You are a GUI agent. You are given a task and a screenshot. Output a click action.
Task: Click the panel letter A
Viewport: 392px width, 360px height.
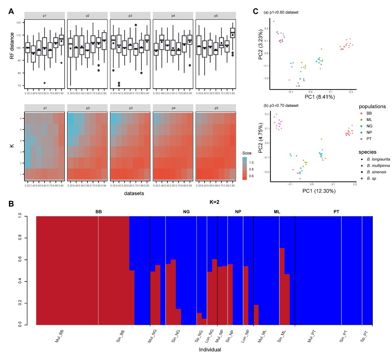[x=11, y=11]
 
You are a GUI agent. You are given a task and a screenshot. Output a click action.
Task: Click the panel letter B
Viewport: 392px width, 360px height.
[x=11, y=204]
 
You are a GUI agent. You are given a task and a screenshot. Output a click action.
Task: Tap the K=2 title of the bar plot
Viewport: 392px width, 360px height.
[x=214, y=202]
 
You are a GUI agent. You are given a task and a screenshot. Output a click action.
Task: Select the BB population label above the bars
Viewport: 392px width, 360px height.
[x=99, y=212]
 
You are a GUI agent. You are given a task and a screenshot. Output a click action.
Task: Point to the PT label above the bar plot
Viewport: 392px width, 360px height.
[x=336, y=212]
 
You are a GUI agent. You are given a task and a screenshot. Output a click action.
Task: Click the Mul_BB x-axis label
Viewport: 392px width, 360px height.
[x=59, y=336]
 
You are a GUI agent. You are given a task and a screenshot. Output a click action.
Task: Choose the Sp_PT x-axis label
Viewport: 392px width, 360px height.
[x=364, y=336]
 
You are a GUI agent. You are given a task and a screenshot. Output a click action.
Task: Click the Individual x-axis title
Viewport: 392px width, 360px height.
[x=210, y=350]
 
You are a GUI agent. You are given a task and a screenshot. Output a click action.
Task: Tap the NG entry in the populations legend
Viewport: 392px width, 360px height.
[x=369, y=126]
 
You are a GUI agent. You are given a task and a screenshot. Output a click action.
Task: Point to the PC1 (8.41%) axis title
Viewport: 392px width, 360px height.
[x=320, y=97]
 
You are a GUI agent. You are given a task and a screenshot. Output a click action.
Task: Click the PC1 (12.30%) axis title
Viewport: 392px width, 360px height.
[x=319, y=191]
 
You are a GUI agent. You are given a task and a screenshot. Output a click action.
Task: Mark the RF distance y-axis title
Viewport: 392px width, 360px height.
[x=12, y=46]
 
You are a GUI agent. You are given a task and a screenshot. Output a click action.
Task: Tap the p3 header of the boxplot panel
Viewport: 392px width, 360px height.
[x=130, y=16]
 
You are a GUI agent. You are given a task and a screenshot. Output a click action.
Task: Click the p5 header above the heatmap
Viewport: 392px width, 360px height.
[x=216, y=108]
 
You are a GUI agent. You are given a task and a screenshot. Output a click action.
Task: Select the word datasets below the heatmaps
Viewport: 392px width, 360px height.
[x=134, y=193]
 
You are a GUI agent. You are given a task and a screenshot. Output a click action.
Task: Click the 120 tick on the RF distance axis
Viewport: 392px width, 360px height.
[x=19, y=23]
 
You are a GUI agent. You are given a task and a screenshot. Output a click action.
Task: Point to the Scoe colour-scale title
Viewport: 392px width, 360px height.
[x=247, y=153]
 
